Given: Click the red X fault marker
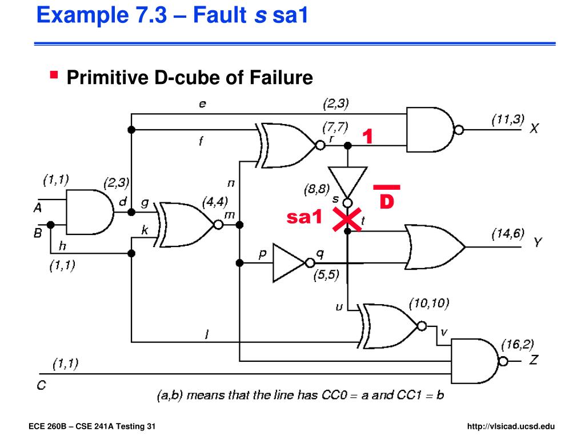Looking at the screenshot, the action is [x=347, y=219].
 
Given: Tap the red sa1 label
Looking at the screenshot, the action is [x=304, y=217].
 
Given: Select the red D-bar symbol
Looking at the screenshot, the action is [x=387, y=197].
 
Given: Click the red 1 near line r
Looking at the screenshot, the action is [x=368, y=136].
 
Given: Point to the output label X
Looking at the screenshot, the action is [x=534, y=129].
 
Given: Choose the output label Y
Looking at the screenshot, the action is [x=537, y=242].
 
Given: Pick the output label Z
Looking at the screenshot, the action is [x=534, y=360].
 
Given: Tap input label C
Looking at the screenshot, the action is [x=41, y=385].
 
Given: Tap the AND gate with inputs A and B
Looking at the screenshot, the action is [x=90, y=212].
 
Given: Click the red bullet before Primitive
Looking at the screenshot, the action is [x=54, y=75].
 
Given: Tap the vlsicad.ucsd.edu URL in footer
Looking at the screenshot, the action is [x=511, y=426].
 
